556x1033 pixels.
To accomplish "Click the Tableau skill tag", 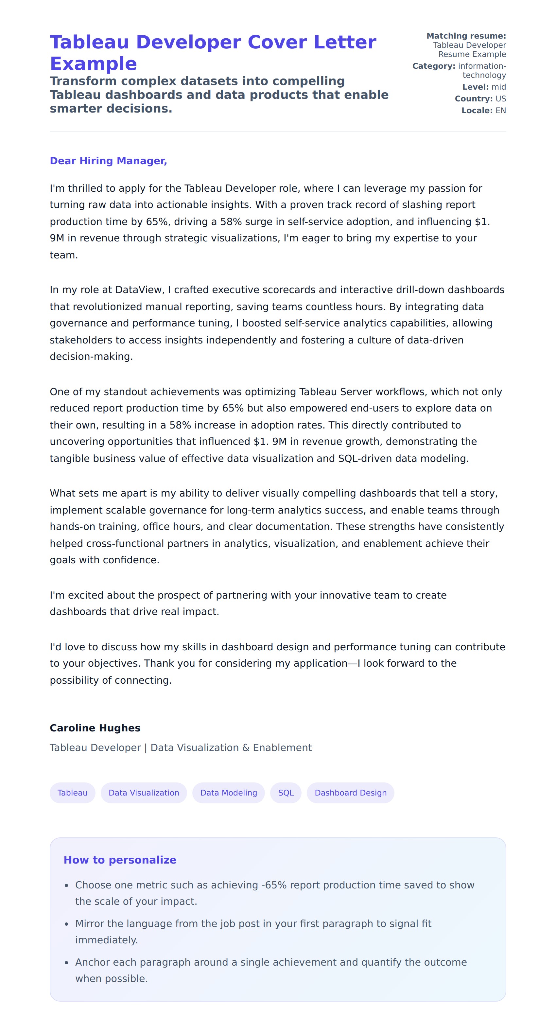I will (x=72, y=793).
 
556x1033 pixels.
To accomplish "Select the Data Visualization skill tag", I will (x=144, y=793).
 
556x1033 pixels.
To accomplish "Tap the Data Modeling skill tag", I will (x=229, y=793).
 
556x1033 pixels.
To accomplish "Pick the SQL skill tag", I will (x=286, y=793).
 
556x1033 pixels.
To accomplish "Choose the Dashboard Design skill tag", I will (x=350, y=793).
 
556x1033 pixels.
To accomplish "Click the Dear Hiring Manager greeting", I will (x=108, y=161).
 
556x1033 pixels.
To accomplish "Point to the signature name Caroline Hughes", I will (x=95, y=728).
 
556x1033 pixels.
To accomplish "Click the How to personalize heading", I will (x=120, y=860).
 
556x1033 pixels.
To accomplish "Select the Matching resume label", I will (x=466, y=36).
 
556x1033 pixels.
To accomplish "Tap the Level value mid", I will (x=499, y=87).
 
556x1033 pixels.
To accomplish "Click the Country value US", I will (x=501, y=99).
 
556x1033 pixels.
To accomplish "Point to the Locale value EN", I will (x=501, y=111).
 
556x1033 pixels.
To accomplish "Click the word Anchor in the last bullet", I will (x=91, y=962).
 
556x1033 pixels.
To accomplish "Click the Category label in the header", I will (x=434, y=66).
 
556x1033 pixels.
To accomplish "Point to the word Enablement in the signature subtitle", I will (x=282, y=748).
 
